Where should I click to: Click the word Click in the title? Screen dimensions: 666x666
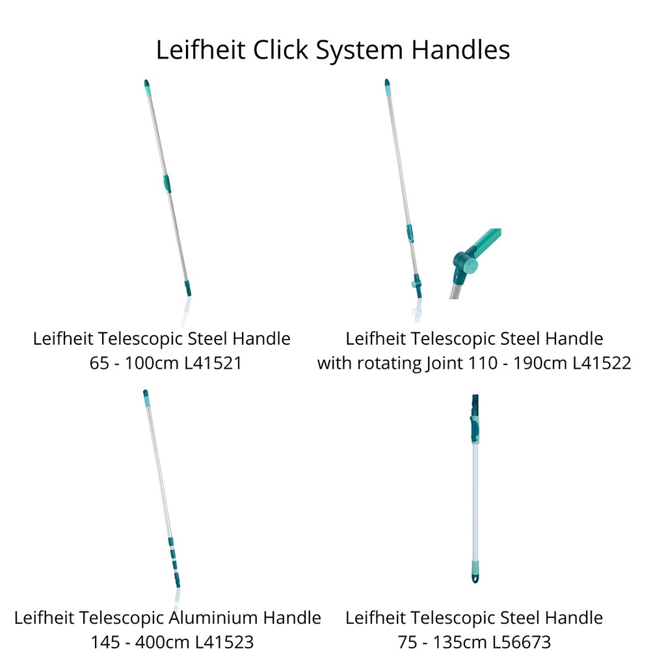click(x=280, y=49)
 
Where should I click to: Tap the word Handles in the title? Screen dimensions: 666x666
click(x=460, y=49)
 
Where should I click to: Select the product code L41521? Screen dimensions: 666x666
click(x=213, y=363)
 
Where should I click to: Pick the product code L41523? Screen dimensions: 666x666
click(x=224, y=642)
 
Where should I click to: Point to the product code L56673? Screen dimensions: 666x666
click(x=521, y=642)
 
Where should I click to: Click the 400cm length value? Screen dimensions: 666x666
click(x=163, y=642)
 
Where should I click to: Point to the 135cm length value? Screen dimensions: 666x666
click(x=460, y=642)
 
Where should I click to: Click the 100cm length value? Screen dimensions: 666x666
click(x=152, y=363)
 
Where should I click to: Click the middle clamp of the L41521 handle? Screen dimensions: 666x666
click(x=167, y=183)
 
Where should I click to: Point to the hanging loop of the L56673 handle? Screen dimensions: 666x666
click(x=475, y=578)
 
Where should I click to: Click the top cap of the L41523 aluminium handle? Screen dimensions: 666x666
click(x=146, y=397)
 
